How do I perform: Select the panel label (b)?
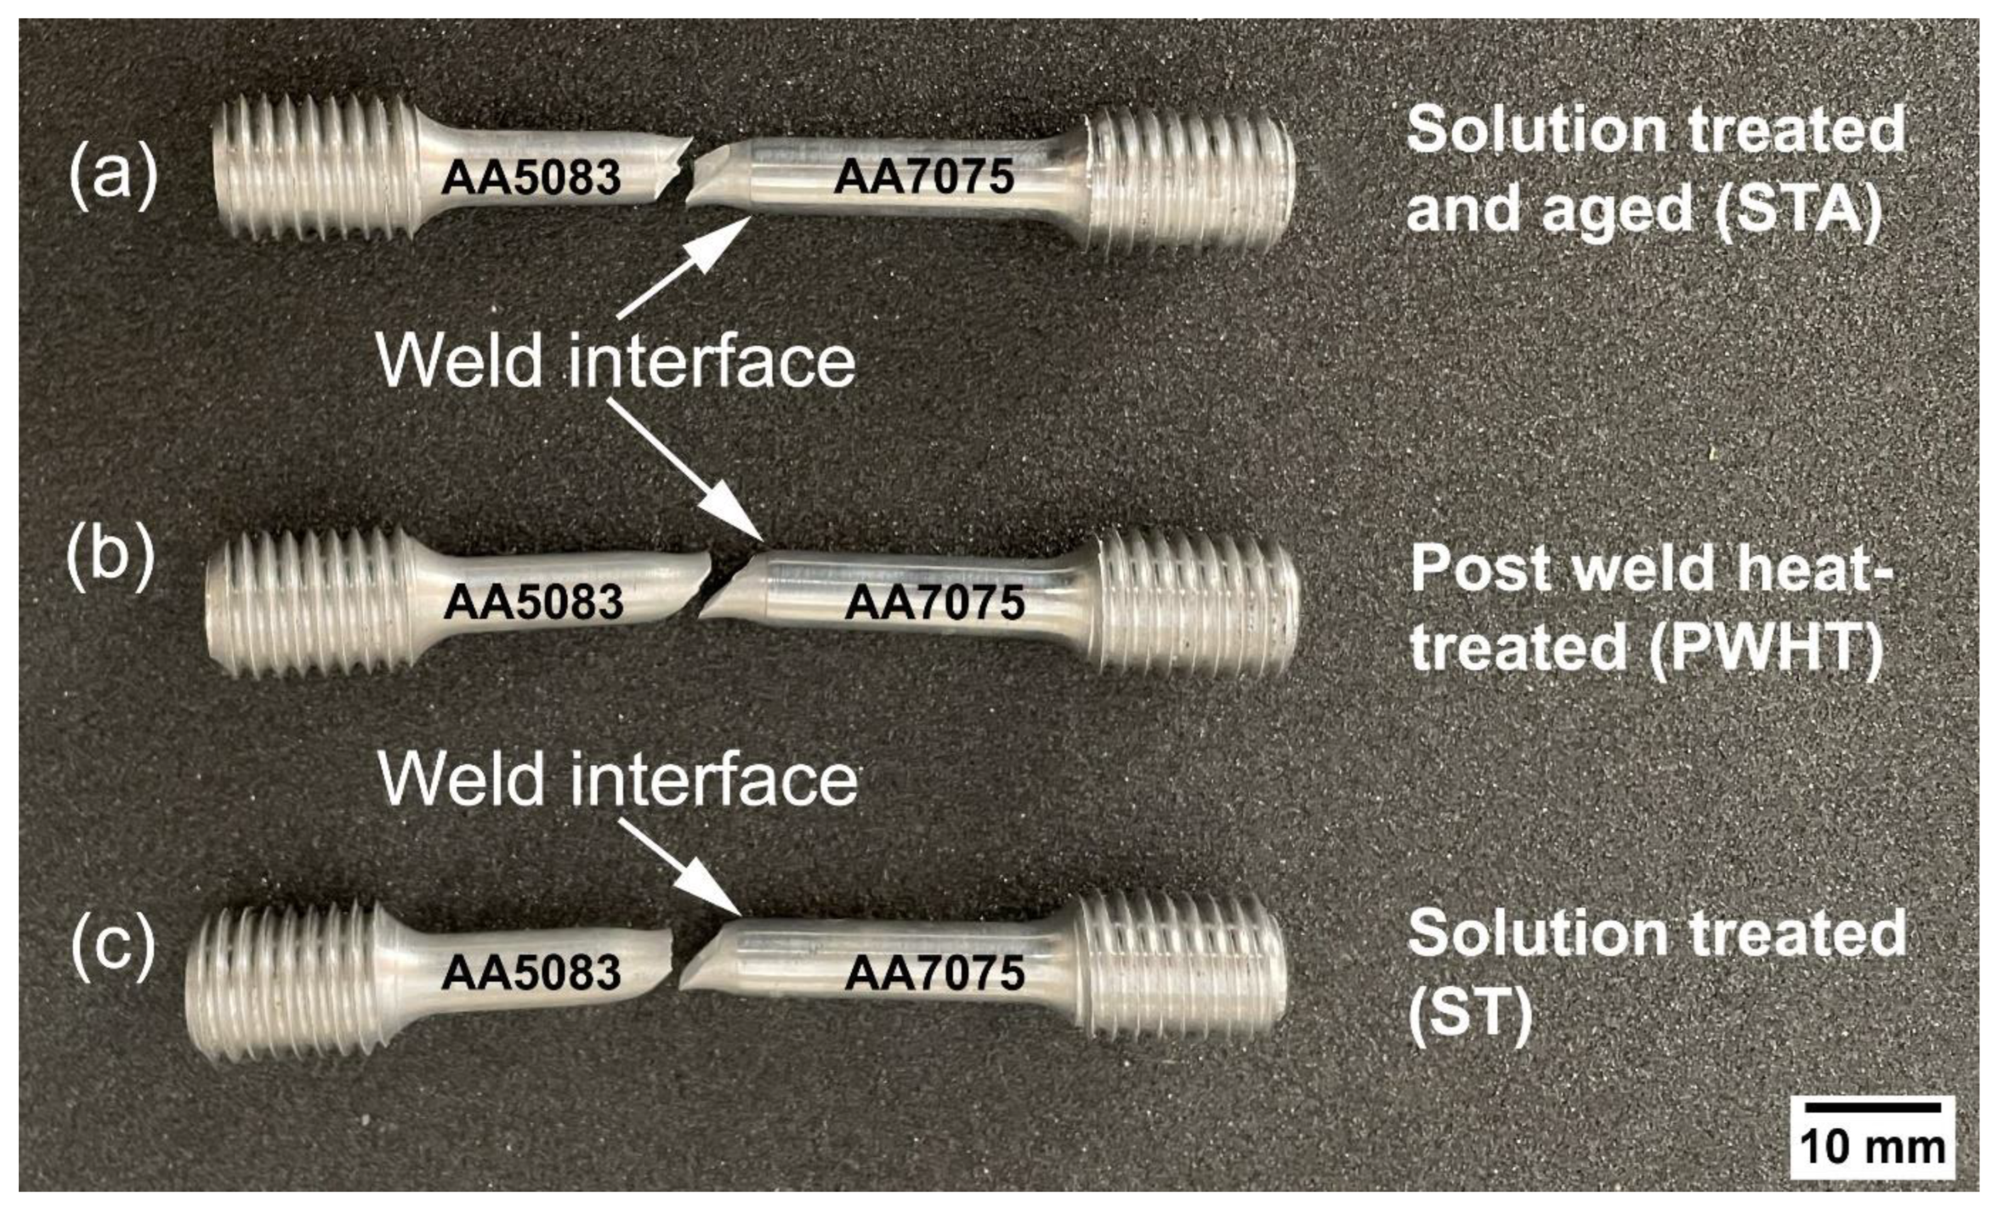pyautogui.click(x=110, y=560)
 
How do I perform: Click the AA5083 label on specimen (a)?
pyautogui.click(x=531, y=178)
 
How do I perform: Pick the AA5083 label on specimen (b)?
pyautogui.click(x=533, y=602)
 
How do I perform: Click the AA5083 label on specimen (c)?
pyautogui.click(x=531, y=972)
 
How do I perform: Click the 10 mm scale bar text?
pyautogui.click(x=1872, y=1147)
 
